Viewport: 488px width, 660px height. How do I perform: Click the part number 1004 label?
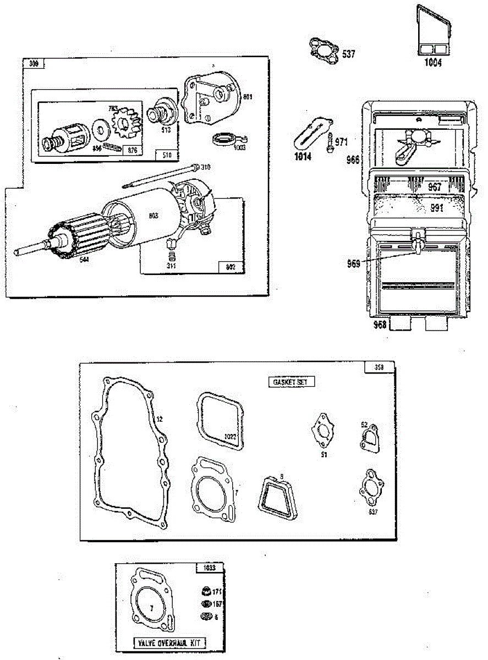[x=432, y=63]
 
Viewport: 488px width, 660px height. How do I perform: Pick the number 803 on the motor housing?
[x=153, y=216]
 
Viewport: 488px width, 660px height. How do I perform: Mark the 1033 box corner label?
[x=210, y=568]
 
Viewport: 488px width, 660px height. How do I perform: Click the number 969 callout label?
[x=353, y=264]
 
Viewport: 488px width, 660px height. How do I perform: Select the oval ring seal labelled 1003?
[x=223, y=138]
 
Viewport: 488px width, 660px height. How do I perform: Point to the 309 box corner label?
[x=34, y=64]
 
